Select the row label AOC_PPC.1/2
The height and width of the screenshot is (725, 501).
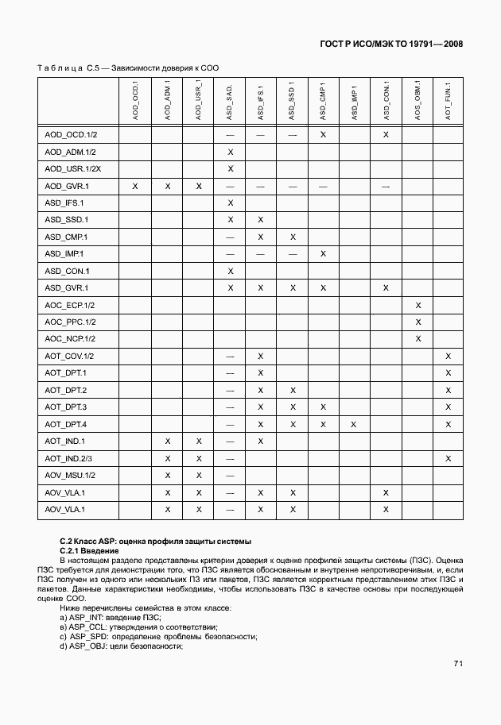click(x=70, y=322)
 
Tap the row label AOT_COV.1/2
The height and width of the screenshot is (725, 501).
click(x=70, y=356)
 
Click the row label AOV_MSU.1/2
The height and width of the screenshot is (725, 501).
click(x=70, y=475)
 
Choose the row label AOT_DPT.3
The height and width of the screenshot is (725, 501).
click(x=66, y=407)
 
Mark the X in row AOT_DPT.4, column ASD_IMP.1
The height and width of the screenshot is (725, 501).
click(x=354, y=424)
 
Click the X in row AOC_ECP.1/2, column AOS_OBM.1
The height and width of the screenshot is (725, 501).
click(x=417, y=305)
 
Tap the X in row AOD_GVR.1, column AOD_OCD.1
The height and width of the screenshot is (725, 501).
click(x=135, y=186)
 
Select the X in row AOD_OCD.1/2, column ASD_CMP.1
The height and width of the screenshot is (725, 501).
click(x=323, y=135)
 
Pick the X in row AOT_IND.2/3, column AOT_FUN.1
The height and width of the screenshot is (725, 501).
click(x=449, y=458)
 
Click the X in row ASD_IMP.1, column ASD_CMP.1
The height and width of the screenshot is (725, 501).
click(x=323, y=253)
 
